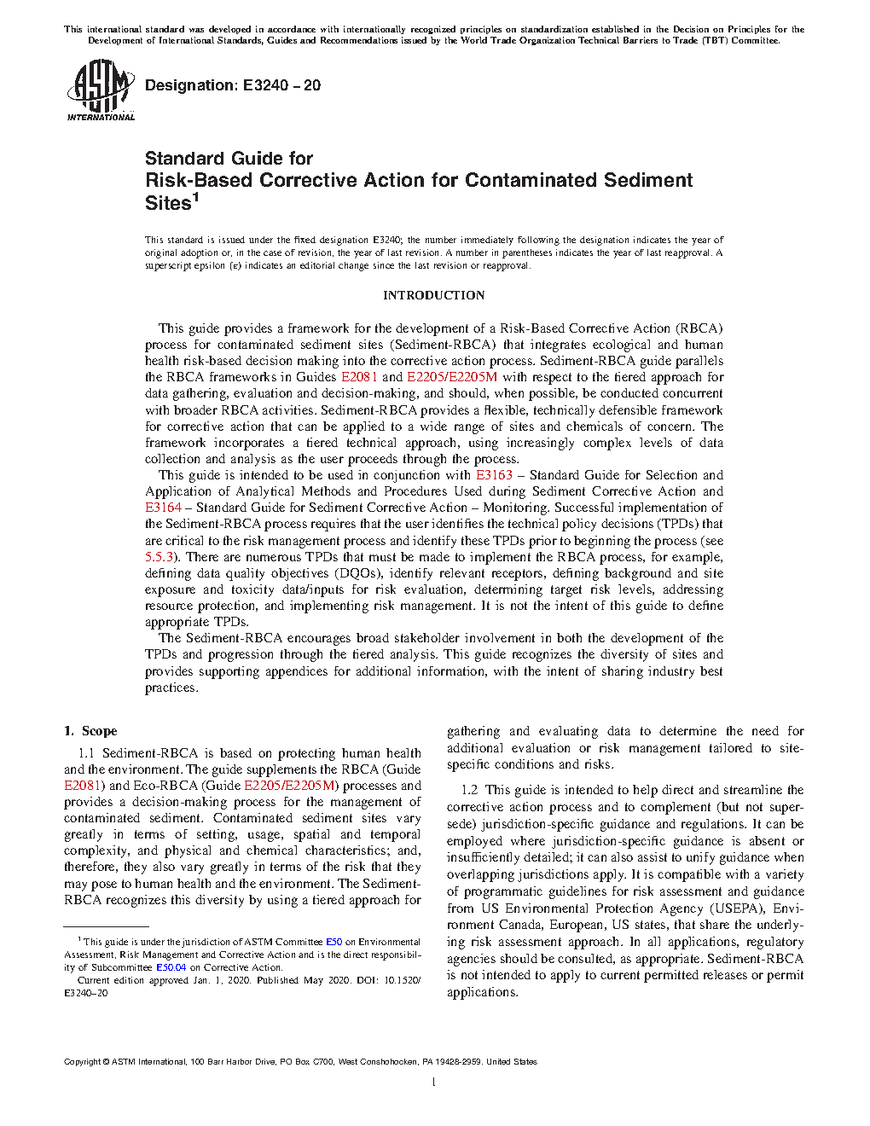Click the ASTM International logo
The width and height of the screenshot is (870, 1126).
[x=101, y=90]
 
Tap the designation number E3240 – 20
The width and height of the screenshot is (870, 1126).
[x=281, y=85]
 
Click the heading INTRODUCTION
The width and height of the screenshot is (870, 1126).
[x=433, y=295]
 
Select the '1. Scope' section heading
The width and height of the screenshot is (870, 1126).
[x=90, y=731]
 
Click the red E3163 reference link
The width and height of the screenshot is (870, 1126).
[x=494, y=475]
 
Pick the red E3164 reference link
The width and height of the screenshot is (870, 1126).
[x=163, y=508]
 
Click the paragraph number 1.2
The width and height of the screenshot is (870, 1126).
[x=469, y=790]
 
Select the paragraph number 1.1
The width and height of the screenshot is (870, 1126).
[x=86, y=753]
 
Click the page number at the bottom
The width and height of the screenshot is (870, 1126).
[x=434, y=1082]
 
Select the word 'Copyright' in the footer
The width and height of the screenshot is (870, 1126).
[x=83, y=1062]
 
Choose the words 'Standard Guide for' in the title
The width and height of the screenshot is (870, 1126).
[x=229, y=159]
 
